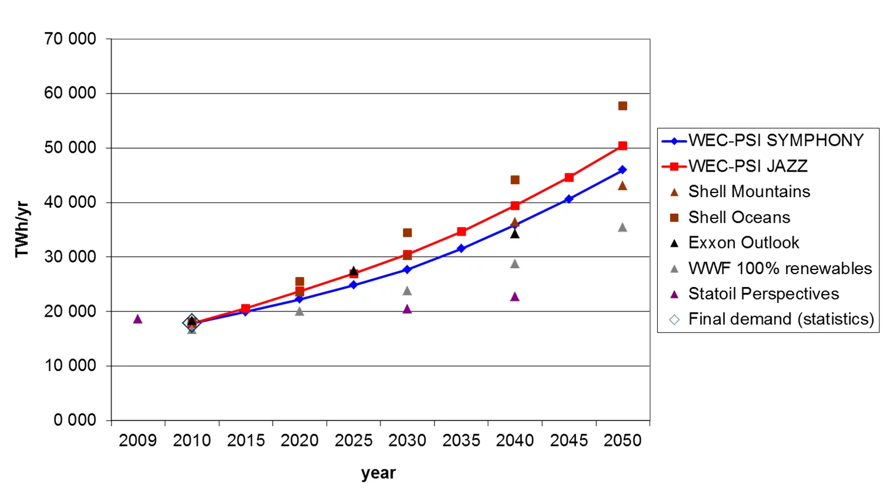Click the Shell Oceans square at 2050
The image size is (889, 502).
[x=622, y=106]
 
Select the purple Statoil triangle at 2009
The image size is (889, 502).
[x=137, y=319]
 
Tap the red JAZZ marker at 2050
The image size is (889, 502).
[x=622, y=146]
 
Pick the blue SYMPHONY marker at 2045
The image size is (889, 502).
[x=569, y=199]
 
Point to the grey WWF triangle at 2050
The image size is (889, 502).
[x=622, y=227]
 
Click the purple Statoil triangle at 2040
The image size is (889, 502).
[x=515, y=297]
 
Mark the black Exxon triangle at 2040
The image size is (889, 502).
[x=515, y=234]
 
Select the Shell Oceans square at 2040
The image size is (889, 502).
[x=515, y=180]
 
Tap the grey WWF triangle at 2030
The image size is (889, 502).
[x=407, y=291]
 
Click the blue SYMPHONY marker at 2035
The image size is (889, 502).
[x=461, y=249]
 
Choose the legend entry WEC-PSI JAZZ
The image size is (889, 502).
[x=747, y=166]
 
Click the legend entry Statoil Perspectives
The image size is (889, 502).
[x=763, y=294]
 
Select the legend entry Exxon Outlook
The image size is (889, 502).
[x=743, y=243]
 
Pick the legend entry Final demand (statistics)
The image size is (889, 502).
[x=781, y=319]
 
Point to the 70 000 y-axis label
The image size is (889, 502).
[x=70, y=39]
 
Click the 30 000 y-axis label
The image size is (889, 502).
[x=70, y=257]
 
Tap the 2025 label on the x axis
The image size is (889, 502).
[x=353, y=440]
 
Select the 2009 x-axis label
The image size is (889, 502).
[x=137, y=440]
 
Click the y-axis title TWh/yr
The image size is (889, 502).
[x=22, y=230]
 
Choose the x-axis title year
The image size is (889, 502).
[x=378, y=473]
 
